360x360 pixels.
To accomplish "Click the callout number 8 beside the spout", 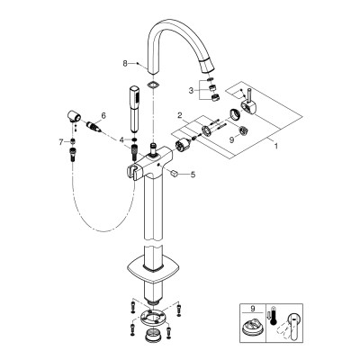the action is click(125, 63).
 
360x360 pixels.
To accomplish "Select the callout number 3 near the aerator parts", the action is click(191, 90).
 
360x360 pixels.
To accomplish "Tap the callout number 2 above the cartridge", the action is click(180, 115).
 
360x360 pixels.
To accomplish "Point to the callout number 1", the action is click(276, 146).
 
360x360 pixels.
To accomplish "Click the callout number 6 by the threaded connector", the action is click(103, 115).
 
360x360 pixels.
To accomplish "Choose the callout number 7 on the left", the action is click(61, 141).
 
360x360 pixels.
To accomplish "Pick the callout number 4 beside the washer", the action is click(121, 139).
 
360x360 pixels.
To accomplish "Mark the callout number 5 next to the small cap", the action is click(193, 175).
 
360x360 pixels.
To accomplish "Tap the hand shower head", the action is click(134, 109).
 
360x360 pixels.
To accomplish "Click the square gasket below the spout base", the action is click(152, 85).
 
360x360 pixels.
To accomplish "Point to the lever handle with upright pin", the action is click(248, 102).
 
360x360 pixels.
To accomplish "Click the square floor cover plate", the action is click(151, 267).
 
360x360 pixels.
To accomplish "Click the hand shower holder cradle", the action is click(134, 170).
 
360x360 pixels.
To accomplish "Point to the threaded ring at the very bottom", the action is click(153, 335).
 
